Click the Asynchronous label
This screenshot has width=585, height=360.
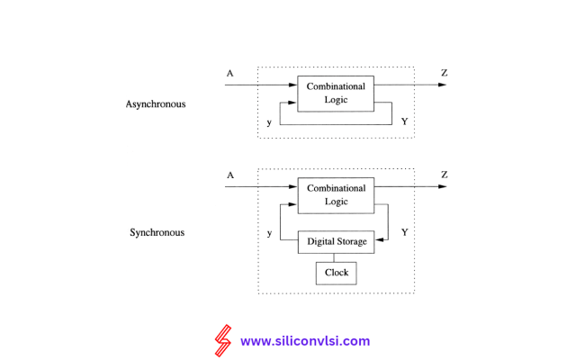(x=156, y=103)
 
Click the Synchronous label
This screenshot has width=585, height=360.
(x=157, y=232)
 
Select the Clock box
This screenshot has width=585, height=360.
(x=336, y=273)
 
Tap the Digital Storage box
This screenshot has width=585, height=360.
(x=336, y=242)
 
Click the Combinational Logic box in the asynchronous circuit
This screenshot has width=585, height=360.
(x=336, y=94)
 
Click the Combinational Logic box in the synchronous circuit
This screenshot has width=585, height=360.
(x=336, y=195)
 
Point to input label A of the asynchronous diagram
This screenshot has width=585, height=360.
(x=230, y=74)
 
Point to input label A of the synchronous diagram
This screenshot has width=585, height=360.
(x=230, y=175)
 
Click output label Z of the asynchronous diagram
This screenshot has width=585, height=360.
(x=445, y=73)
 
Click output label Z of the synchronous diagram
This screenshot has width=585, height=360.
(x=445, y=175)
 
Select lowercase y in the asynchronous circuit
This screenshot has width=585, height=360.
(x=269, y=121)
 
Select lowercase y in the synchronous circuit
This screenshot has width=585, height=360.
(x=269, y=232)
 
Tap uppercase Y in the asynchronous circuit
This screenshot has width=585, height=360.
(x=404, y=121)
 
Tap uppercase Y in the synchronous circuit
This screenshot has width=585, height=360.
(x=404, y=232)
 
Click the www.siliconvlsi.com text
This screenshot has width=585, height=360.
(x=305, y=341)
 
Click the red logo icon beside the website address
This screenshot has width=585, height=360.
(x=222, y=341)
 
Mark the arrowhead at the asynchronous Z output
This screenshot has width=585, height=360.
(x=442, y=85)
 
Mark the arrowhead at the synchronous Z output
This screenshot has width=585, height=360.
(x=442, y=186)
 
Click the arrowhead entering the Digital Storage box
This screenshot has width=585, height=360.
(x=380, y=240)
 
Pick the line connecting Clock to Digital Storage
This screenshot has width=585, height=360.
(x=336, y=257)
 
